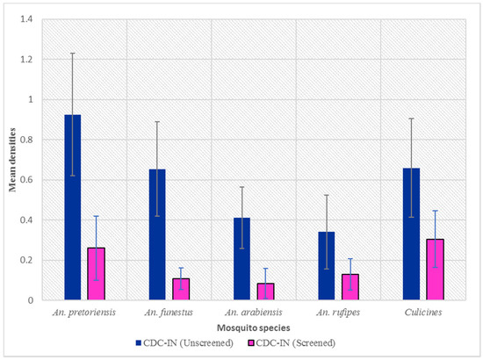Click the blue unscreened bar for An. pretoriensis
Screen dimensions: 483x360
(73, 207)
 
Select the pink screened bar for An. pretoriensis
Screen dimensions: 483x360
(96, 274)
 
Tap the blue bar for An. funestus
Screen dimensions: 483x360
(157, 234)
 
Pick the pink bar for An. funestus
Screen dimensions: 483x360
(181, 289)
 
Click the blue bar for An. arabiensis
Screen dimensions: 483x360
(241, 259)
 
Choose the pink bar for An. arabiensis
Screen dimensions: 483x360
(265, 292)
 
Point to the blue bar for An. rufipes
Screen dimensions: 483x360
(327, 266)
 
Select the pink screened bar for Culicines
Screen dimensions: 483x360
(435, 270)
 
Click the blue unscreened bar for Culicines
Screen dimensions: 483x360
(412, 234)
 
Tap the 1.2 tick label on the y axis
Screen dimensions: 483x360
(26, 60)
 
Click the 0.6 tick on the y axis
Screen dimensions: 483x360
(26, 180)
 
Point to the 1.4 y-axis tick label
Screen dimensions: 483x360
(26, 19)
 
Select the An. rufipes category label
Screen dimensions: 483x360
(338, 313)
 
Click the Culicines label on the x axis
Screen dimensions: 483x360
(423, 313)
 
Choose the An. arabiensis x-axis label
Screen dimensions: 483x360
(254, 313)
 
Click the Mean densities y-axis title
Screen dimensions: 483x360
(12, 160)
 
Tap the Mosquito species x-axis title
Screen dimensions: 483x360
(254, 328)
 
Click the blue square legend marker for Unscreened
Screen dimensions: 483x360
(138, 342)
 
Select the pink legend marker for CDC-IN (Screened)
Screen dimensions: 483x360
(251, 342)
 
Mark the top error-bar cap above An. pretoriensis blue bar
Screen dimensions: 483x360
(73, 54)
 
